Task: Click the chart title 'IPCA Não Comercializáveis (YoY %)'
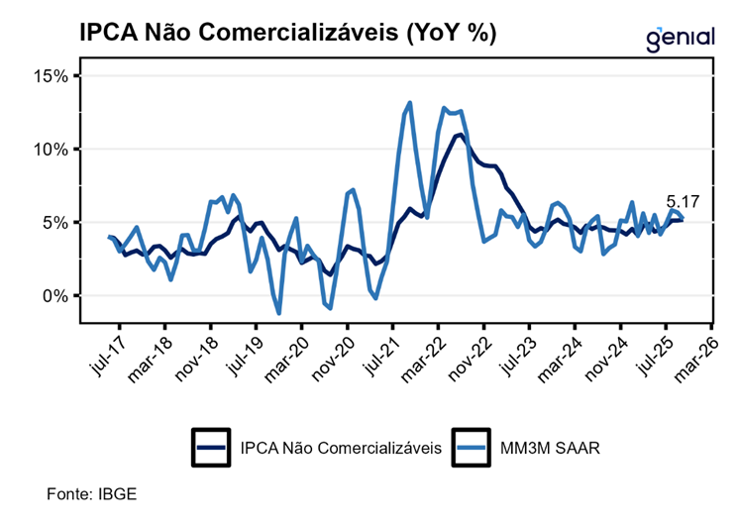coord(287,32)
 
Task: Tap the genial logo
coord(680,37)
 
